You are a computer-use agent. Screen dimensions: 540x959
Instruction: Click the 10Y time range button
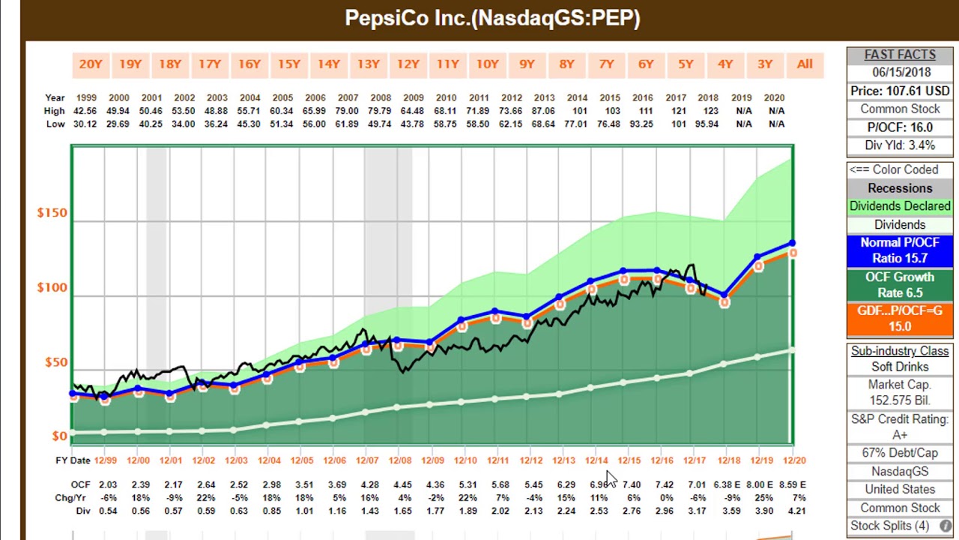[487, 64]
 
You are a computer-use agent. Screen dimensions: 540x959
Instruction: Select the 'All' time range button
[804, 64]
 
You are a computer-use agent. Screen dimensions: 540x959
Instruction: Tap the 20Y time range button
[90, 64]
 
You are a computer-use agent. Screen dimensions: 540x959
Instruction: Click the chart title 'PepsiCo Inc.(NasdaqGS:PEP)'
[492, 19]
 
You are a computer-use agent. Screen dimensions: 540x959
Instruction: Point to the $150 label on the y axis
[52, 213]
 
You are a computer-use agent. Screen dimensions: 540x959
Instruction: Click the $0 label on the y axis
[59, 436]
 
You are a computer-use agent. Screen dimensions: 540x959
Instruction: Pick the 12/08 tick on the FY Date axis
[400, 460]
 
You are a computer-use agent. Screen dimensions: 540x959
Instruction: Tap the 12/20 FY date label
[793, 460]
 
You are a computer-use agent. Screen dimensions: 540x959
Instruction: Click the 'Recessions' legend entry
[900, 188]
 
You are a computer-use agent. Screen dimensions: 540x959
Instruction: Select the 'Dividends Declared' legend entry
[900, 206]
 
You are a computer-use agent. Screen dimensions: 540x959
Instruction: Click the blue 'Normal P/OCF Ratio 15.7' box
[900, 250]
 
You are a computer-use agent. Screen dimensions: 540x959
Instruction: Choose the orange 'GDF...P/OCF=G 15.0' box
[900, 319]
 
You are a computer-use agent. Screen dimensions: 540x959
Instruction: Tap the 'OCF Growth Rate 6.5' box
[900, 285]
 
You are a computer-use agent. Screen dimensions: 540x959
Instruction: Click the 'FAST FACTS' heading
[900, 55]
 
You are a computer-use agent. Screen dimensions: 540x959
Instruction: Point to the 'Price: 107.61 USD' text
[900, 91]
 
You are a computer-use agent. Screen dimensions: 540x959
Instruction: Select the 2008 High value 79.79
[381, 111]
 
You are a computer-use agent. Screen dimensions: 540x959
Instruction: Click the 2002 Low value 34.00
[184, 124]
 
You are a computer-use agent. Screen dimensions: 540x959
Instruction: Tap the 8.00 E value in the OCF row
[759, 485]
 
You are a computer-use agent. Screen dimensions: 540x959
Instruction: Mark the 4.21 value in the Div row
[796, 511]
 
